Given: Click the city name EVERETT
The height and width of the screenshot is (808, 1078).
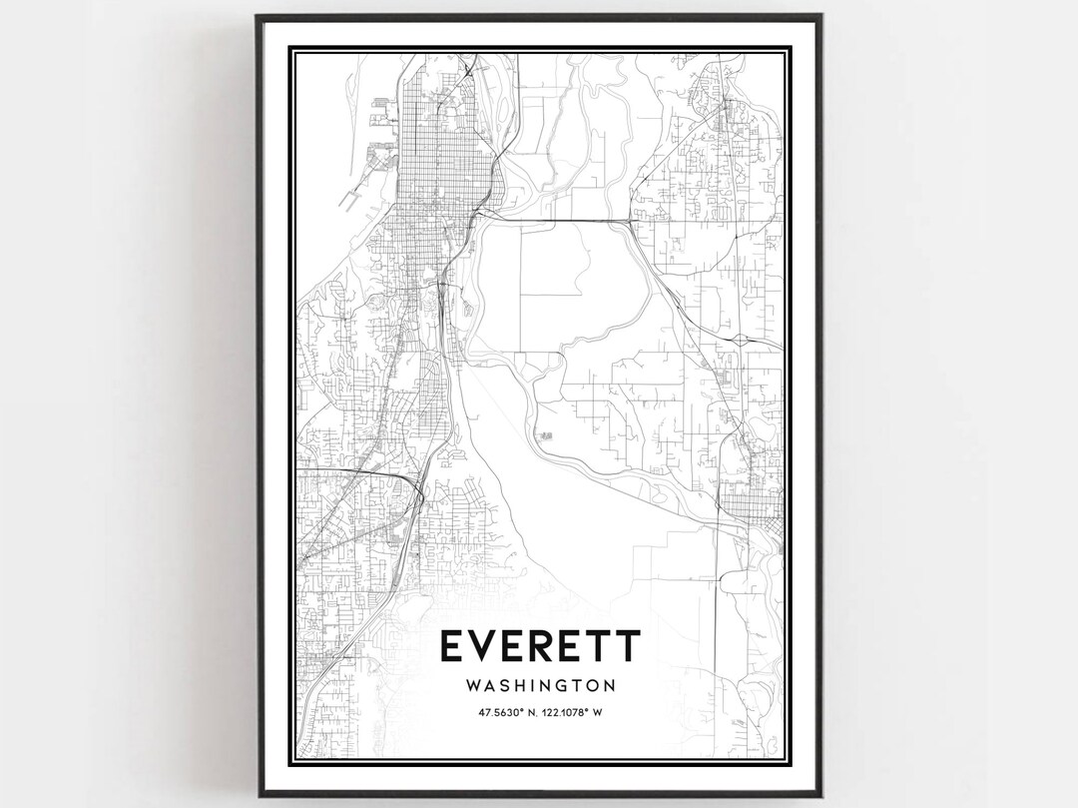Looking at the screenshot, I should [539, 646].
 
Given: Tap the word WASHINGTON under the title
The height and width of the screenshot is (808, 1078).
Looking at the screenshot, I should [539, 686].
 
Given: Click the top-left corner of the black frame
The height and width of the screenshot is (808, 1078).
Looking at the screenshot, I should [257, 16].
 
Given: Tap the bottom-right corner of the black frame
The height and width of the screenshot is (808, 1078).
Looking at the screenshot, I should [821, 796].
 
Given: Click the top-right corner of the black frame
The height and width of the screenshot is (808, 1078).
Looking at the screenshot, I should [821, 16].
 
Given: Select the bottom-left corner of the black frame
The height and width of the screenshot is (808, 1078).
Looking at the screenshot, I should [257, 796].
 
